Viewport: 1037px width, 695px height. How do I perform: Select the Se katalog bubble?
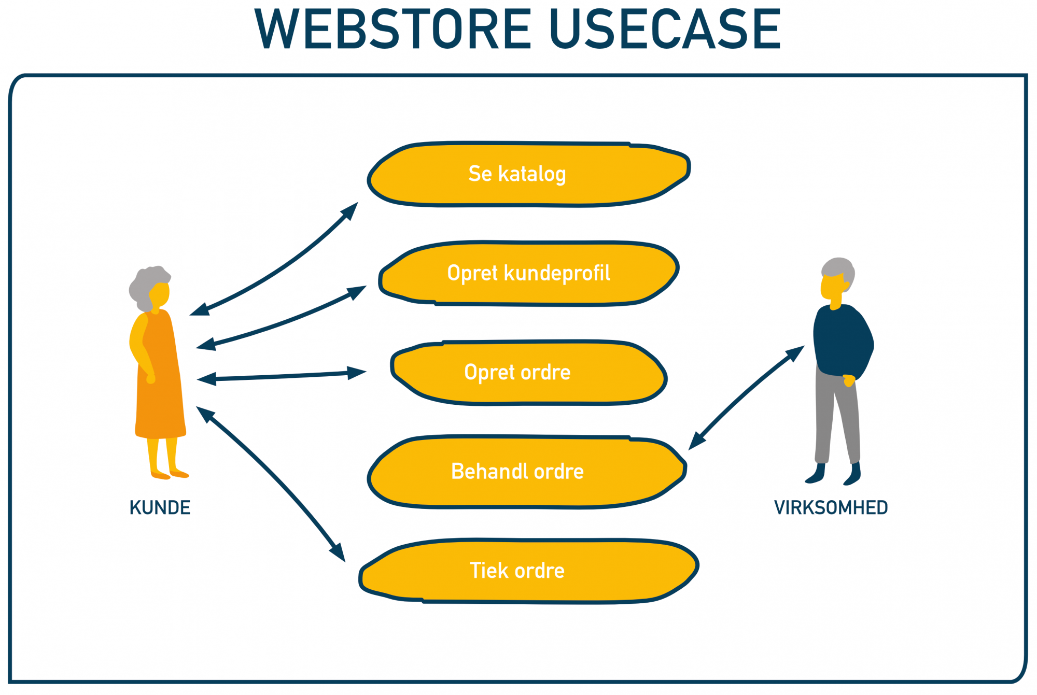click(x=528, y=174)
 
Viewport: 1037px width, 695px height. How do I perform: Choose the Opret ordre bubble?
click(x=528, y=372)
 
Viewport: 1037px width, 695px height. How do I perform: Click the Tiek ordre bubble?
click(x=528, y=570)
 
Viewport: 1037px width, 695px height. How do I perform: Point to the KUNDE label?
click(x=160, y=508)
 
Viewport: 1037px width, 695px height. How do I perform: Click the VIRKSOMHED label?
click(x=831, y=508)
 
